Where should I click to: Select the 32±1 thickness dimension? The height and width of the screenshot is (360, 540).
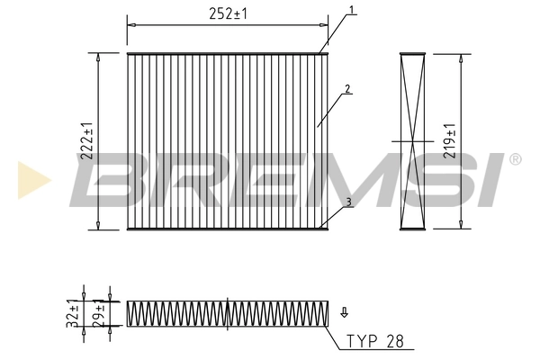point(72,315)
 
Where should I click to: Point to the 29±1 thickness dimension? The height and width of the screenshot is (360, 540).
point(100,315)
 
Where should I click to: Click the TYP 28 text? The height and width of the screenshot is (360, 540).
point(377,342)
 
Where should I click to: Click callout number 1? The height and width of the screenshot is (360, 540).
point(352,11)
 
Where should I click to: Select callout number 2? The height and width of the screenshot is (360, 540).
point(346,90)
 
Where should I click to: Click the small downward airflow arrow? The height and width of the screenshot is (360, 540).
point(343,312)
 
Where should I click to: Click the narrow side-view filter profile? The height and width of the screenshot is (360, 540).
point(412,140)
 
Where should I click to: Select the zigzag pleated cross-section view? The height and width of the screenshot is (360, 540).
point(227,313)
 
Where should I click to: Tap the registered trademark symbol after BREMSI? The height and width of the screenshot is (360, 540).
point(515,160)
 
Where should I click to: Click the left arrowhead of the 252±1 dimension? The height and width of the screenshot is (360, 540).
point(130,24)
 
